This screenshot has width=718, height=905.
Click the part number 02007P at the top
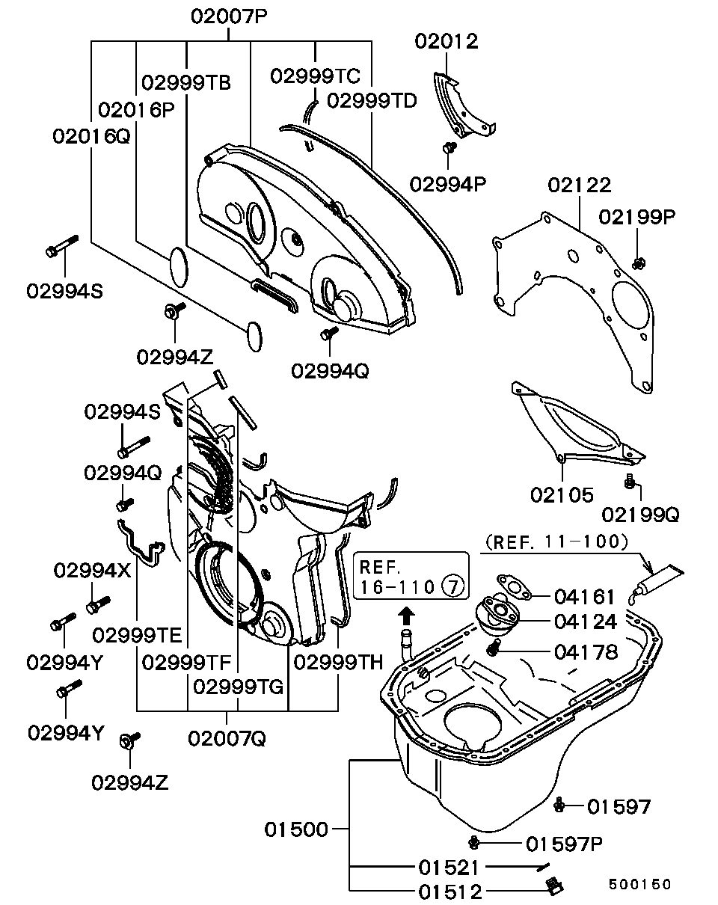coord(229,16)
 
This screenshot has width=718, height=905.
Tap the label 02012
coord(447,41)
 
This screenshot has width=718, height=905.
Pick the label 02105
coord(562,494)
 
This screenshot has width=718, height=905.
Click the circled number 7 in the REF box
coord(452,586)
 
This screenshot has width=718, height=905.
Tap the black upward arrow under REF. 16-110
coord(405,616)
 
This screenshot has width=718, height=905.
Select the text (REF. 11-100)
coord(555,541)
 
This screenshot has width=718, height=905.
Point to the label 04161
coord(585,597)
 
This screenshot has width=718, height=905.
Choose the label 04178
coord(586,652)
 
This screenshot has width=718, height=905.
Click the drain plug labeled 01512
coord(553,887)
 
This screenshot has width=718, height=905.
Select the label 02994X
coord(92,571)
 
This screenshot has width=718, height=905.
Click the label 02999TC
coord(315,76)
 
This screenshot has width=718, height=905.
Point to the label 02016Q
coord(90,136)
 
